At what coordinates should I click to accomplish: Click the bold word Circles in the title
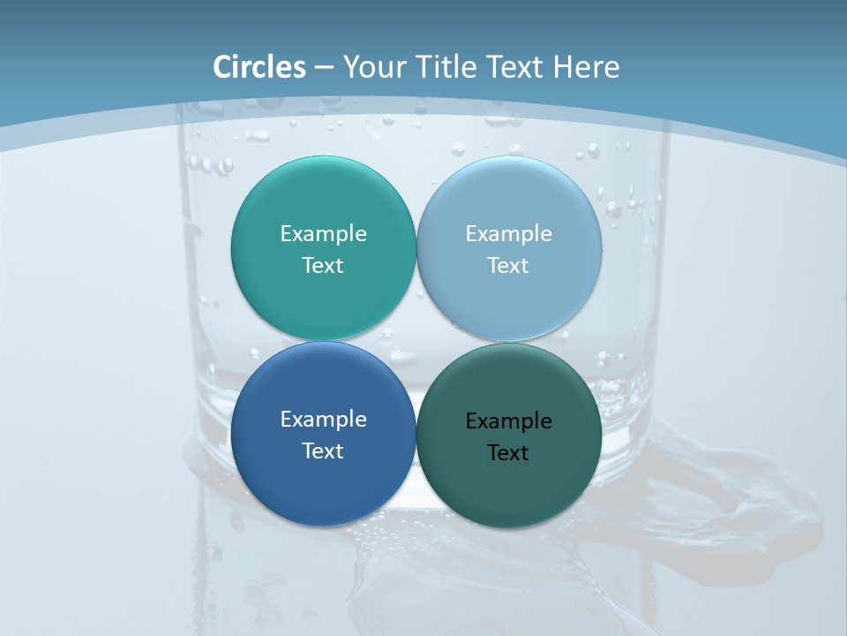point(259,67)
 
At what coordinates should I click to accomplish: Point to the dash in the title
point(324,68)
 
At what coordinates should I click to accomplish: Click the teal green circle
point(323,203)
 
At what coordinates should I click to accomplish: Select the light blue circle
point(509,203)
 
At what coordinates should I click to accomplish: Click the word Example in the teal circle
point(323,234)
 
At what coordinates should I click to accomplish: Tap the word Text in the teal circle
point(323,266)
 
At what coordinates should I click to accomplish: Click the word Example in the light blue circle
point(508,234)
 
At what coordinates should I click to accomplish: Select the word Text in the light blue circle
point(508,266)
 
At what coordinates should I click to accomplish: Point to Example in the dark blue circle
point(323,420)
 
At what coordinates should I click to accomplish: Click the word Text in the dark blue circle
point(323,451)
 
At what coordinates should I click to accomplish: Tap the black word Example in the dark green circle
point(508,421)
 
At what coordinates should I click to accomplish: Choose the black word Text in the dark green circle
point(508,453)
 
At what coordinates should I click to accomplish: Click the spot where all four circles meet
point(416,341)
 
